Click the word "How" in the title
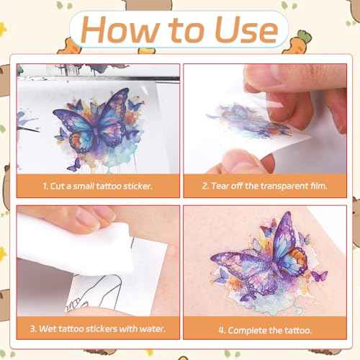tap(120, 30)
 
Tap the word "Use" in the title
tap(246, 30)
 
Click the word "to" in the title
tap(186, 30)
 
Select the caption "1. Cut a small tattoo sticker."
tap(98, 186)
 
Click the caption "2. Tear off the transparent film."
tap(264, 186)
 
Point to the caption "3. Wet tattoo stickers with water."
tap(98, 328)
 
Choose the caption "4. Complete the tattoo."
tap(265, 330)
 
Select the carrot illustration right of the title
tap(297, 42)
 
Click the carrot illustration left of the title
tap(70, 47)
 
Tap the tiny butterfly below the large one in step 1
tap(74, 165)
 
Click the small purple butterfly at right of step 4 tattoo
tap(319, 276)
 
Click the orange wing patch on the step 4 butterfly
tap(299, 258)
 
